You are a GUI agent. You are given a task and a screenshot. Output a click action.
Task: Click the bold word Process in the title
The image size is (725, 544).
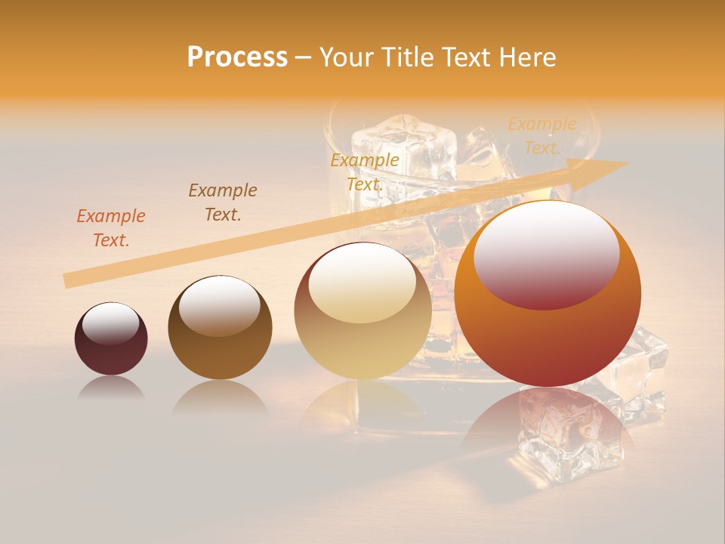(x=237, y=57)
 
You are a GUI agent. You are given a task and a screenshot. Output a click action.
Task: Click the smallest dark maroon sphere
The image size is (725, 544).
(x=111, y=339)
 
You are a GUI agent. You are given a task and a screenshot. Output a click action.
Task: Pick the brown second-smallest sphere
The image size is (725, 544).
(x=220, y=328)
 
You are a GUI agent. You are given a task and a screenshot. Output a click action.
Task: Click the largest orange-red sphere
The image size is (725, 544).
(x=548, y=295)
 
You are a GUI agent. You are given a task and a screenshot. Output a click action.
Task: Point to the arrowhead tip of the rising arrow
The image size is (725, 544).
(x=627, y=162)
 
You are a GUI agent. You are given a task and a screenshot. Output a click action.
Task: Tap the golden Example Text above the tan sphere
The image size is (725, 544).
(x=365, y=172)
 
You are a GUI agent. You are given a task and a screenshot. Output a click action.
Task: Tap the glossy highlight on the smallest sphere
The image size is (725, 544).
(x=111, y=324)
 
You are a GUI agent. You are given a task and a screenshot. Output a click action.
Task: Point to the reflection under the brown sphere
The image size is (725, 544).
(x=220, y=396)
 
